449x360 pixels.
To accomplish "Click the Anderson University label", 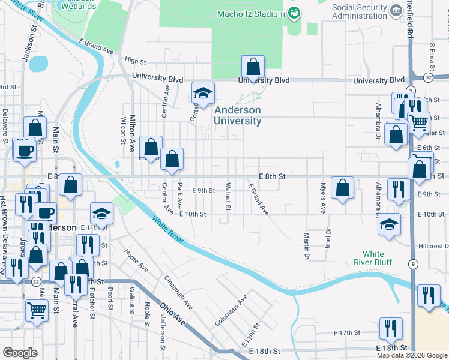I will pos(238,115).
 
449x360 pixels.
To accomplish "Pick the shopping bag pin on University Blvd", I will pos(253,67).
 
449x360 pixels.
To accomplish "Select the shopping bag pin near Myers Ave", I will pos(342,188).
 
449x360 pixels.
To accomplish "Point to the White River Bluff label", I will pos(377,258).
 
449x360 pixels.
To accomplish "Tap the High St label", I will pos(136,61).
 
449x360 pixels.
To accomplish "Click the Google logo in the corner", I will pos(20,352).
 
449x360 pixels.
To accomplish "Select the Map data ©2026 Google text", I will pos(411,355).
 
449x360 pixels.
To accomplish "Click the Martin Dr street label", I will pos(306,247).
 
